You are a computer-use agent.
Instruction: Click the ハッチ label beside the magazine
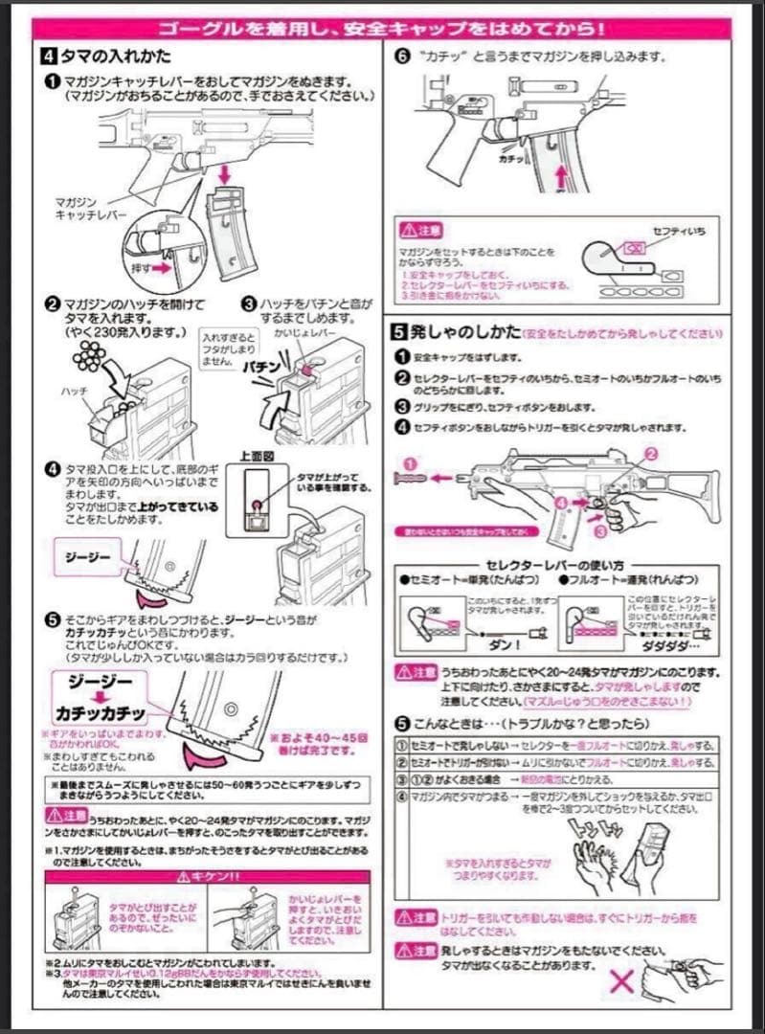[75, 392]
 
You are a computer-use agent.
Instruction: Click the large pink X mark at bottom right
[623, 981]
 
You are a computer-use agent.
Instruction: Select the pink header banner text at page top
[383, 29]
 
